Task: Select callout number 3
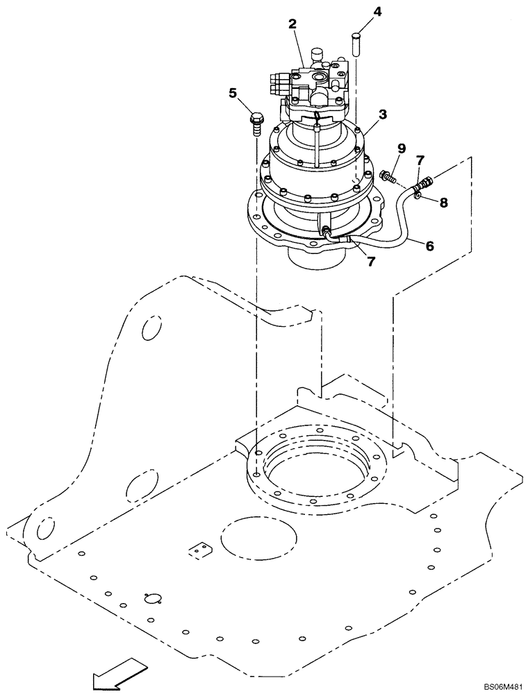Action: click(382, 114)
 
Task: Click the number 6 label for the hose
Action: click(430, 245)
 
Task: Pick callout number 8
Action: click(443, 203)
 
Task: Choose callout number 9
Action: click(401, 148)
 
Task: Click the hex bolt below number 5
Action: click(254, 124)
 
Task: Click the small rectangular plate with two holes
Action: click(200, 550)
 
